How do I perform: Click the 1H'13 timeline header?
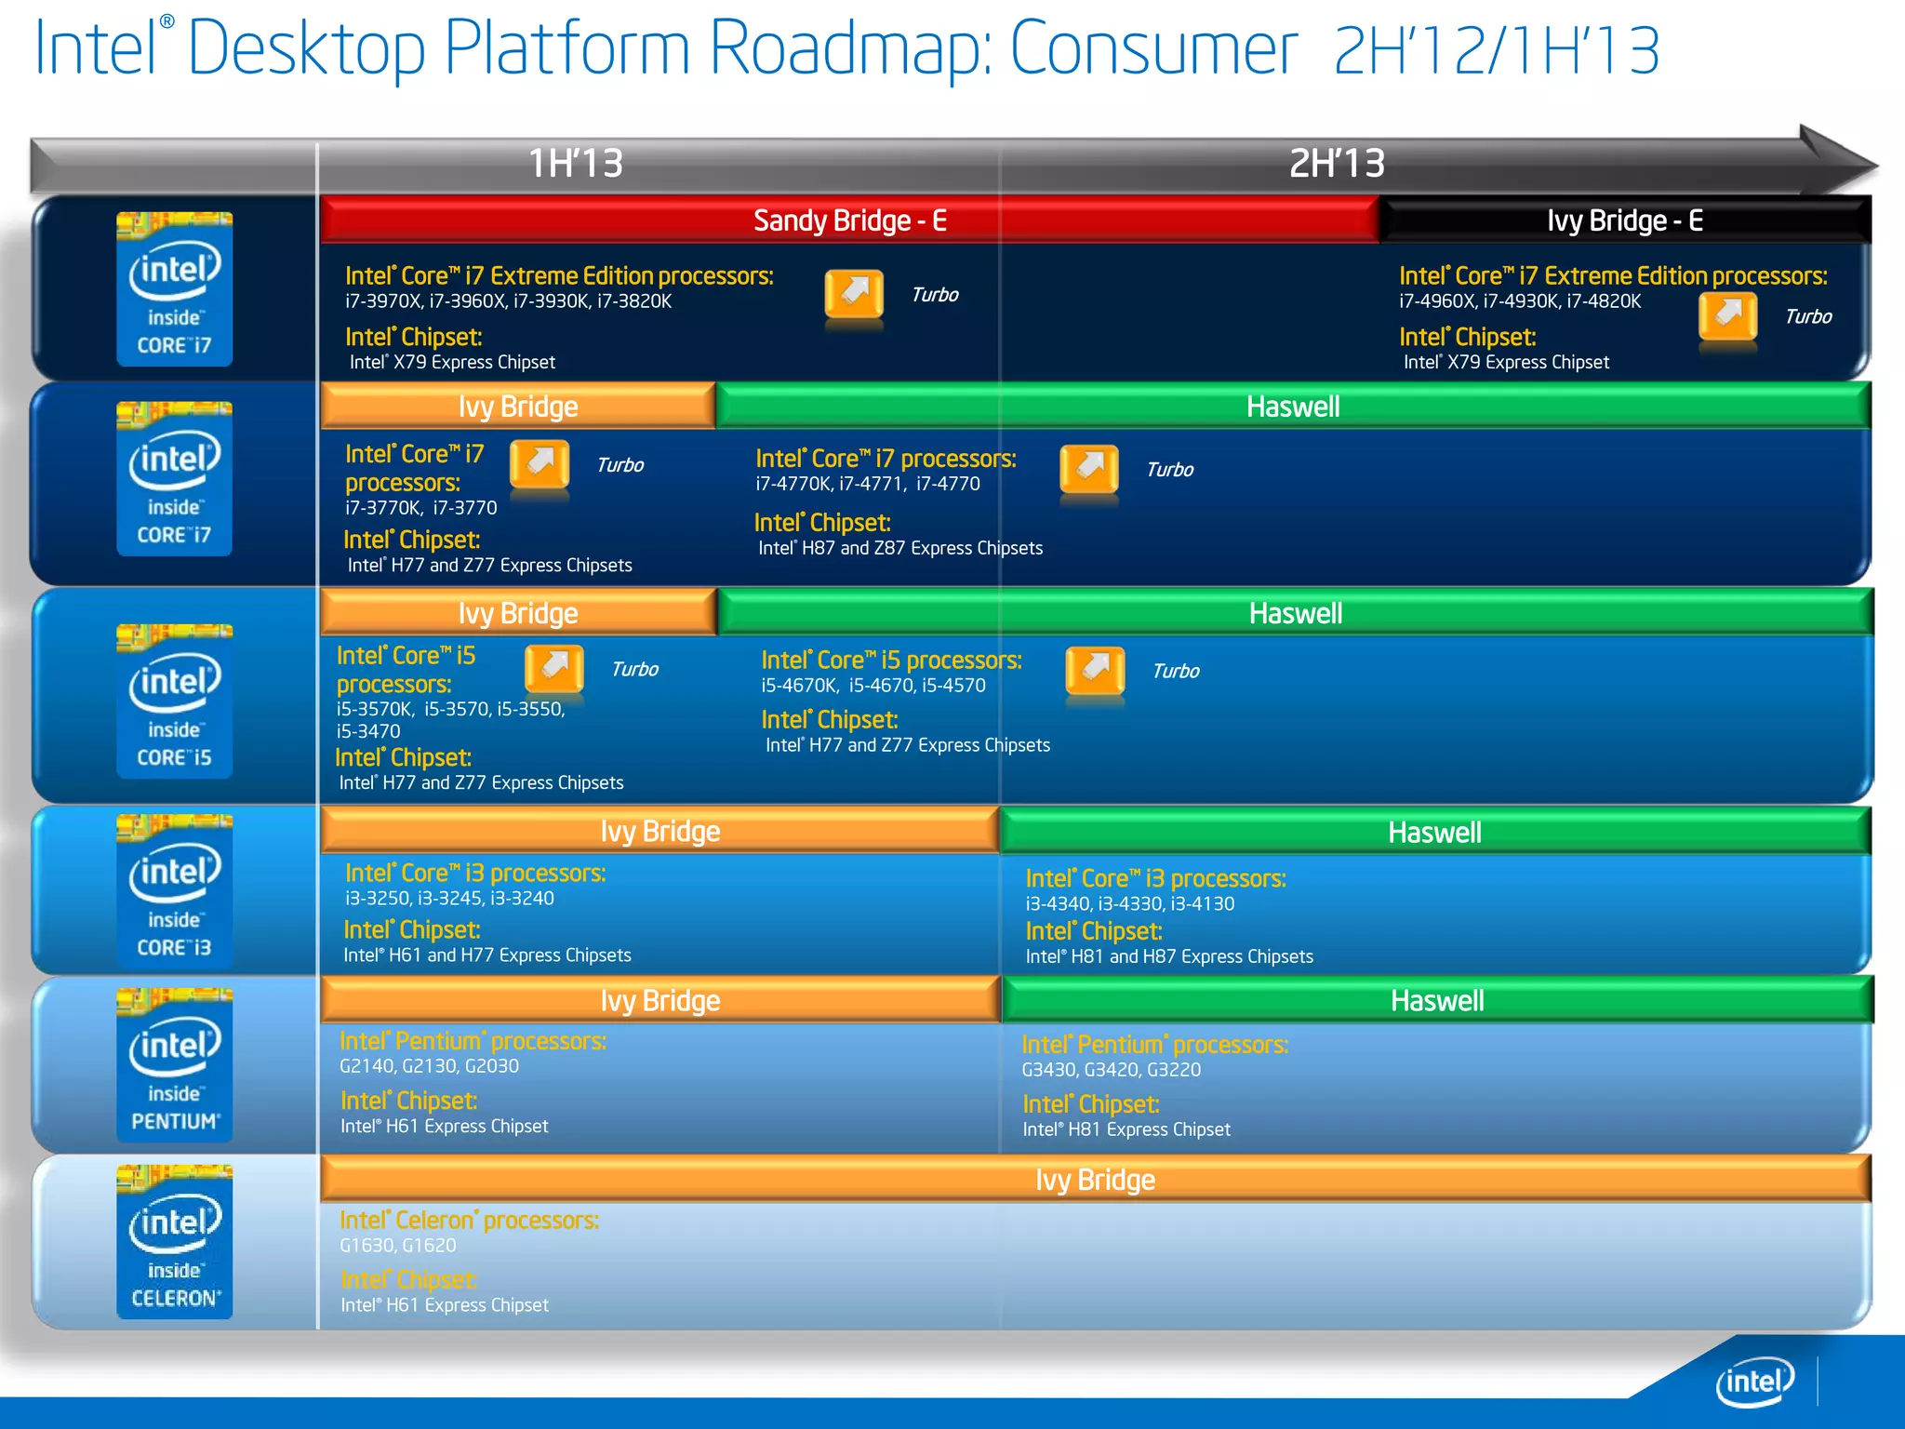[576, 164]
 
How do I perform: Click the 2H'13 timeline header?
[1337, 164]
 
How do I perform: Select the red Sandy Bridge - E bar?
[849, 220]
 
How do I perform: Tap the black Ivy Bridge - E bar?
[1624, 220]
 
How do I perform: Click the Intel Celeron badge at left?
[175, 1241]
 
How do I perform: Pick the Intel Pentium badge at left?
[175, 1065]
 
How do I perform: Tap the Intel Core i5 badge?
[175, 701]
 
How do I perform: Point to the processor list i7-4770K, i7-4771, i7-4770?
[867, 484]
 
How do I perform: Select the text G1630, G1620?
[397, 1246]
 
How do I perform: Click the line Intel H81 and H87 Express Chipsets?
[1169, 957]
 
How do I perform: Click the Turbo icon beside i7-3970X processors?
[854, 296]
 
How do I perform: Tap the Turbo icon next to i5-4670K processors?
[1095, 672]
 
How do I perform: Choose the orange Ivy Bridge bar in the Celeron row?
[1095, 1180]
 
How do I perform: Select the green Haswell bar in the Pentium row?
[1436, 1001]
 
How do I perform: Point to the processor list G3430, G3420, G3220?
[1111, 1070]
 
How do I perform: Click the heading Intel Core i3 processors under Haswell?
[1155, 879]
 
